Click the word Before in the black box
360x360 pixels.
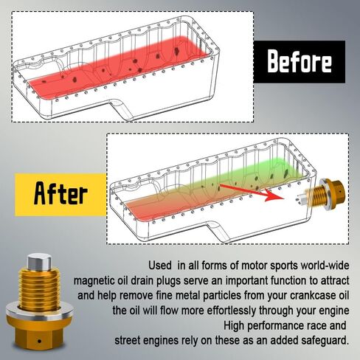point(300,61)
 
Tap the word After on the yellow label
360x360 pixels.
point(60,193)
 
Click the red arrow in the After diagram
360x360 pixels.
point(252,193)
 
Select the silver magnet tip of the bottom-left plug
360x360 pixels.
point(40,262)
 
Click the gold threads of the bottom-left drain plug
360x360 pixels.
point(39,288)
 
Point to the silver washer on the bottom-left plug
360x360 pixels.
point(39,312)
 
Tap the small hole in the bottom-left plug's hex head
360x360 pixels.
point(39,342)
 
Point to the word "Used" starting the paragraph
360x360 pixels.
point(160,266)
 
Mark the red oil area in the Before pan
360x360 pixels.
point(118,66)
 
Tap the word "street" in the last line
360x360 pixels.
point(128,341)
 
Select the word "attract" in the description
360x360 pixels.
point(335,281)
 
